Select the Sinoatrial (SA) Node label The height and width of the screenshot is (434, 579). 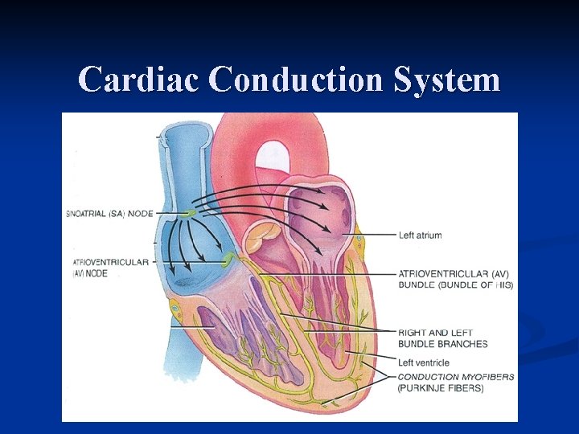pyautogui.click(x=109, y=213)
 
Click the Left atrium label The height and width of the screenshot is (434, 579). pyautogui.click(x=420, y=235)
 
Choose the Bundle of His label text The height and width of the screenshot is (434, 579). pyautogui.click(x=456, y=285)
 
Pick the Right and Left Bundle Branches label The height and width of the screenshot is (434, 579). pyautogui.click(x=442, y=338)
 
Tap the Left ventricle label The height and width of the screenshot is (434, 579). pyautogui.click(x=424, y=362)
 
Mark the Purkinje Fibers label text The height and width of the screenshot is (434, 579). pyautogui.click(x=441, y=388)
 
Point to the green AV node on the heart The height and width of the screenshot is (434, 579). pyautogui.click(x=228, y=259)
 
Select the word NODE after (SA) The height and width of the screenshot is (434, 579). pyautogui.click(x=140, y=213)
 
